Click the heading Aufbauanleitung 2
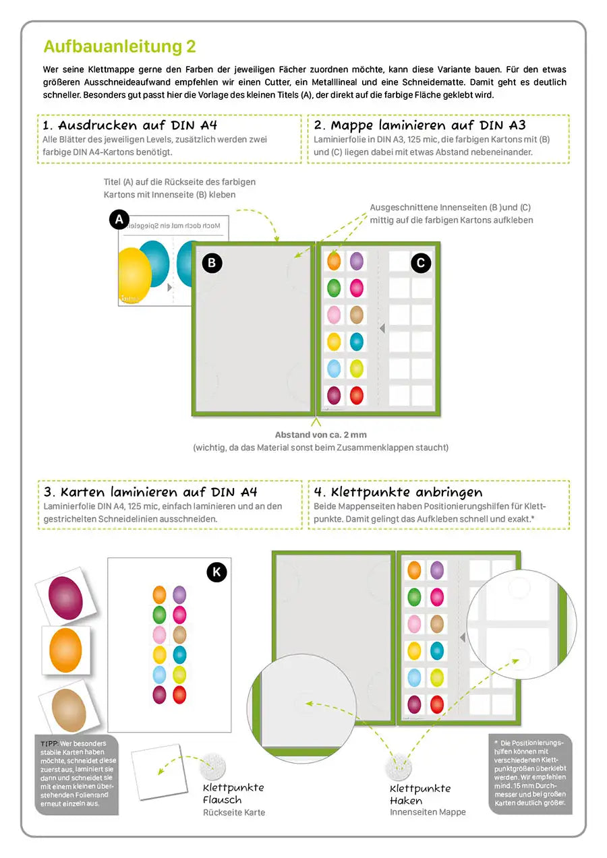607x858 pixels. pyautogui.click(x=119, y=47)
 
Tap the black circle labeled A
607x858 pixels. pyautogui.click(x=119, y=220)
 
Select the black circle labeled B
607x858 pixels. pyautogui.click(x=212, y=263)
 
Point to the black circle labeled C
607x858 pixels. pyautogui.click(x=421, y=263)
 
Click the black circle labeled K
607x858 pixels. pyautogui.click(x=216, y=572)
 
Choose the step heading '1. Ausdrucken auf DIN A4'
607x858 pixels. pyautogui.click(x=130, y=125)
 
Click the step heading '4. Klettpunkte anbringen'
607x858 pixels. pyautogui.click(x=398, y=492)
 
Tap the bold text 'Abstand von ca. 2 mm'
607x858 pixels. pyautogui.click(x=321, y=435)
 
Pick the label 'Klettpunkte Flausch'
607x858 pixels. pyautogui.click(x=233, y=794)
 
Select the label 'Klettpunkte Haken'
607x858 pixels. pyautogui.click(x=420, y=795)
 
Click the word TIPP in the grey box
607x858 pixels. pyautogui.click(x=49, y=743)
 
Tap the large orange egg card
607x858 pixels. pyautogui.click(x=66, y=650)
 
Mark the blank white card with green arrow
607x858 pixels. pyautogui.click(x=159, y=772)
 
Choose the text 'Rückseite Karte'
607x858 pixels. pyautogui.click(x=234, y=812)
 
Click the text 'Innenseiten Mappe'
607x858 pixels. pyautogui.click(x=428, y=812)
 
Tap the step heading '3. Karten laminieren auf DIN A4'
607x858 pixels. pyautogui.click(x=150, y=492)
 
